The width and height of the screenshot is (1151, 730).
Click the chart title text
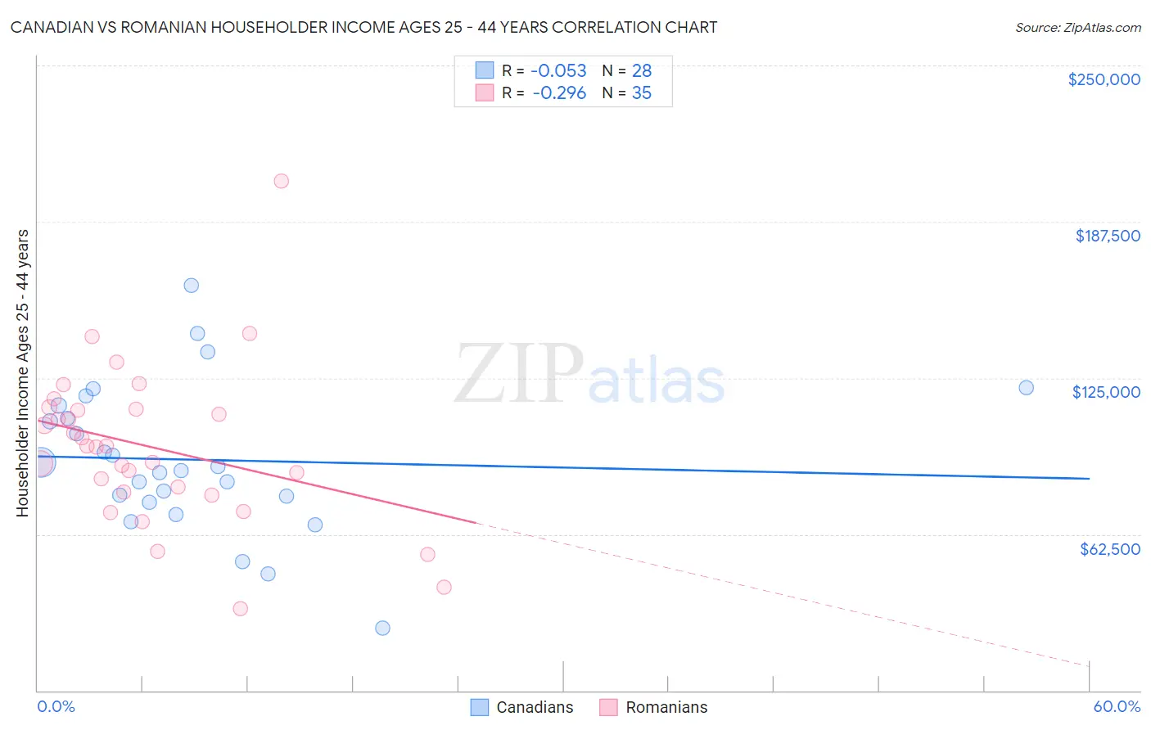[x=363, y=27]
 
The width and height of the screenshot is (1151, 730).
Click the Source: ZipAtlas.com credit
[x=1077, y=28]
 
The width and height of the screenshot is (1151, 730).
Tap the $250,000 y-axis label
[x=1104, y=79]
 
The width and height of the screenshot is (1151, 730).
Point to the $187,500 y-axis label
[x=1107, y=236]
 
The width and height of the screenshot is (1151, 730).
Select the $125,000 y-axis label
[x=1106, y=392]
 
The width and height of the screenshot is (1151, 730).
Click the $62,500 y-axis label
[x=1109, y=549]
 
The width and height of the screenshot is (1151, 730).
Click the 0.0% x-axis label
[x=56, y=706]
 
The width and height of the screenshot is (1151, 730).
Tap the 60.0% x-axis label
[x=1117, y=706]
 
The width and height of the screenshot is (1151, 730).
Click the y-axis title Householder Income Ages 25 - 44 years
[x=22, y=372]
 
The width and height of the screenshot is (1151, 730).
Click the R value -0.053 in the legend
[x=558, y=71]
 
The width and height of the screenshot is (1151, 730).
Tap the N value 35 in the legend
[x=641, y=93]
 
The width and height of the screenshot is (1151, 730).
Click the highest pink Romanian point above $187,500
[x=281, y=181]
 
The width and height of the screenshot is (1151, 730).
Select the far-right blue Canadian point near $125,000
[x=1026, y=388]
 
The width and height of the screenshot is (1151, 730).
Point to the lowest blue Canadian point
[x=382, y=628]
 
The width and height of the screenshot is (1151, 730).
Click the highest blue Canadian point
[x=191, y=286]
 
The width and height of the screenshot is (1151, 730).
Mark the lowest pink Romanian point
[x=240, y=608]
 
